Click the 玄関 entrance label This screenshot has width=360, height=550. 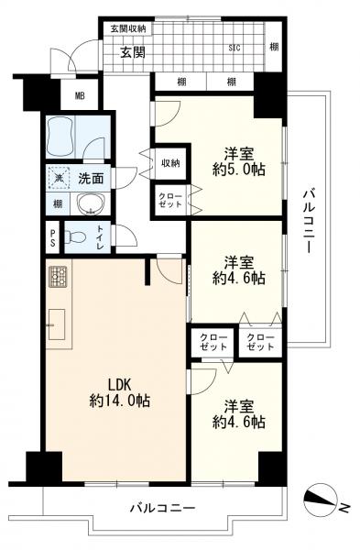point(133,52)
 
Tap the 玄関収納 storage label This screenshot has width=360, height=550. point(128,28)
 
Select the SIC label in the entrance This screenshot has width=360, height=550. point(235,48)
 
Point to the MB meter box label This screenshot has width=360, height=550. point(80,95)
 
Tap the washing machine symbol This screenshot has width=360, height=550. point(59,178)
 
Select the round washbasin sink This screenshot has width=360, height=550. point(91,203)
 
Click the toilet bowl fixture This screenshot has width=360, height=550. point(75,237)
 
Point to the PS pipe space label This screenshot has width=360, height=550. point(52,237)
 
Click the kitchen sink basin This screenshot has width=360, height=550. point(57,324)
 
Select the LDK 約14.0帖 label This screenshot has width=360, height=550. point(120,393)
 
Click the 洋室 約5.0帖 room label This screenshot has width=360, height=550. point(239,161)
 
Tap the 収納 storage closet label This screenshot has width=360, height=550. point(170,163)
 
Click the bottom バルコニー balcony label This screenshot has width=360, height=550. point(162,507)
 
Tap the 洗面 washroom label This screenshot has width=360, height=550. point(91,179)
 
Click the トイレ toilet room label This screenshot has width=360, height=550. point(100,237)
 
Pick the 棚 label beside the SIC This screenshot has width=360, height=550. point(274,47)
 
